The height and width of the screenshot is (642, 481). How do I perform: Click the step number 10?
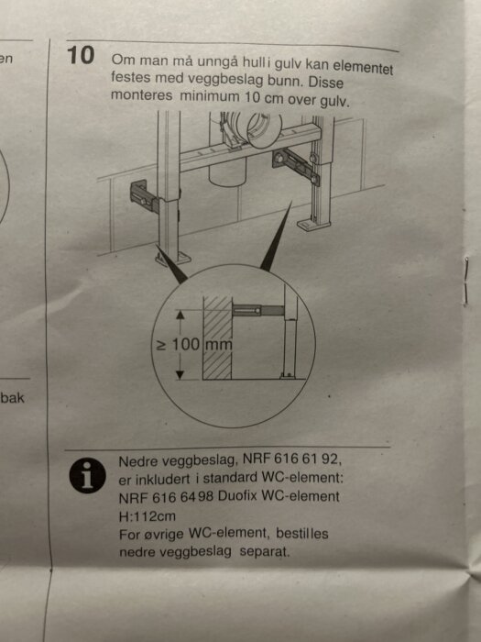82,55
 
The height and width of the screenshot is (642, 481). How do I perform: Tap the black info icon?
88,474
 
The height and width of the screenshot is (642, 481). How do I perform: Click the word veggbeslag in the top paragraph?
191,80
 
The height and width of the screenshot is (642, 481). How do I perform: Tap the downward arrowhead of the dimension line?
180,373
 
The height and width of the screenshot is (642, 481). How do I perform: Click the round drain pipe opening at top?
250,127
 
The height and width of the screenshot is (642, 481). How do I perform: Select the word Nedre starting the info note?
139,460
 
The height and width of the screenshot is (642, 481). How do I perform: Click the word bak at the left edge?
12,398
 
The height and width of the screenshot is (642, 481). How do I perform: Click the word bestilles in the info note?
298,534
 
